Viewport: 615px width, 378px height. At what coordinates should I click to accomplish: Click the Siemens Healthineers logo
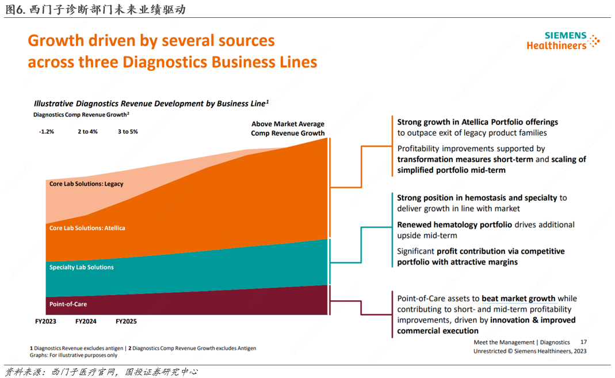point(563,40)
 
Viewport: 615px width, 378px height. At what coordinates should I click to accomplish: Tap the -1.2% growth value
point(46,131)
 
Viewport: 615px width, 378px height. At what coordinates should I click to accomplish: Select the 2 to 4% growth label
point(87,131)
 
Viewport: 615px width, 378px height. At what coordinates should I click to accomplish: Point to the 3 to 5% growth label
point(128,131)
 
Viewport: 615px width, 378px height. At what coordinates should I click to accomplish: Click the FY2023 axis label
point(45,321)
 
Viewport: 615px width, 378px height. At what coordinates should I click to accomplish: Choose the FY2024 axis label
point(86,321)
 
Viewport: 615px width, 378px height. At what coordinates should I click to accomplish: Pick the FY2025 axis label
point(127,321)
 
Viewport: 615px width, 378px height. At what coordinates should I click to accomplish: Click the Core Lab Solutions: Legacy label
point(86,184)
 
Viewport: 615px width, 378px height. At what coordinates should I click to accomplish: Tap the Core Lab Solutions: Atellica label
point(87,228)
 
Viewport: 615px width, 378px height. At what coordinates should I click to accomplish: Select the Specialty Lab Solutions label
point(82,267)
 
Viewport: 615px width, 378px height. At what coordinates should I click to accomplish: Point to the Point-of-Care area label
point(68,304)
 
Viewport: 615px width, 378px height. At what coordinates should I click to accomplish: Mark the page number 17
point(583,342)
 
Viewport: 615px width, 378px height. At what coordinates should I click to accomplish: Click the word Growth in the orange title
point(56,40)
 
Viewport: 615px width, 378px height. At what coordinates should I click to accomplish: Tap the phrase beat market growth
point(518,298)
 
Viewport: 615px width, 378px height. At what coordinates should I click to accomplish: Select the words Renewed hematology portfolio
point(454,225)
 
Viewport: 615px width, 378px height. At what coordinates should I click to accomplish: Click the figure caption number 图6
point(16,9)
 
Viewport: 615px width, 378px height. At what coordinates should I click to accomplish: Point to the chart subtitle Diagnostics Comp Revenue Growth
point(81,115)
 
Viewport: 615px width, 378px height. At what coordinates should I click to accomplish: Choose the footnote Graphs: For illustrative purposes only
point(74,355)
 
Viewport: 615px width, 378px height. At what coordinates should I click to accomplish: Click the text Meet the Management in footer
point(504,342)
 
